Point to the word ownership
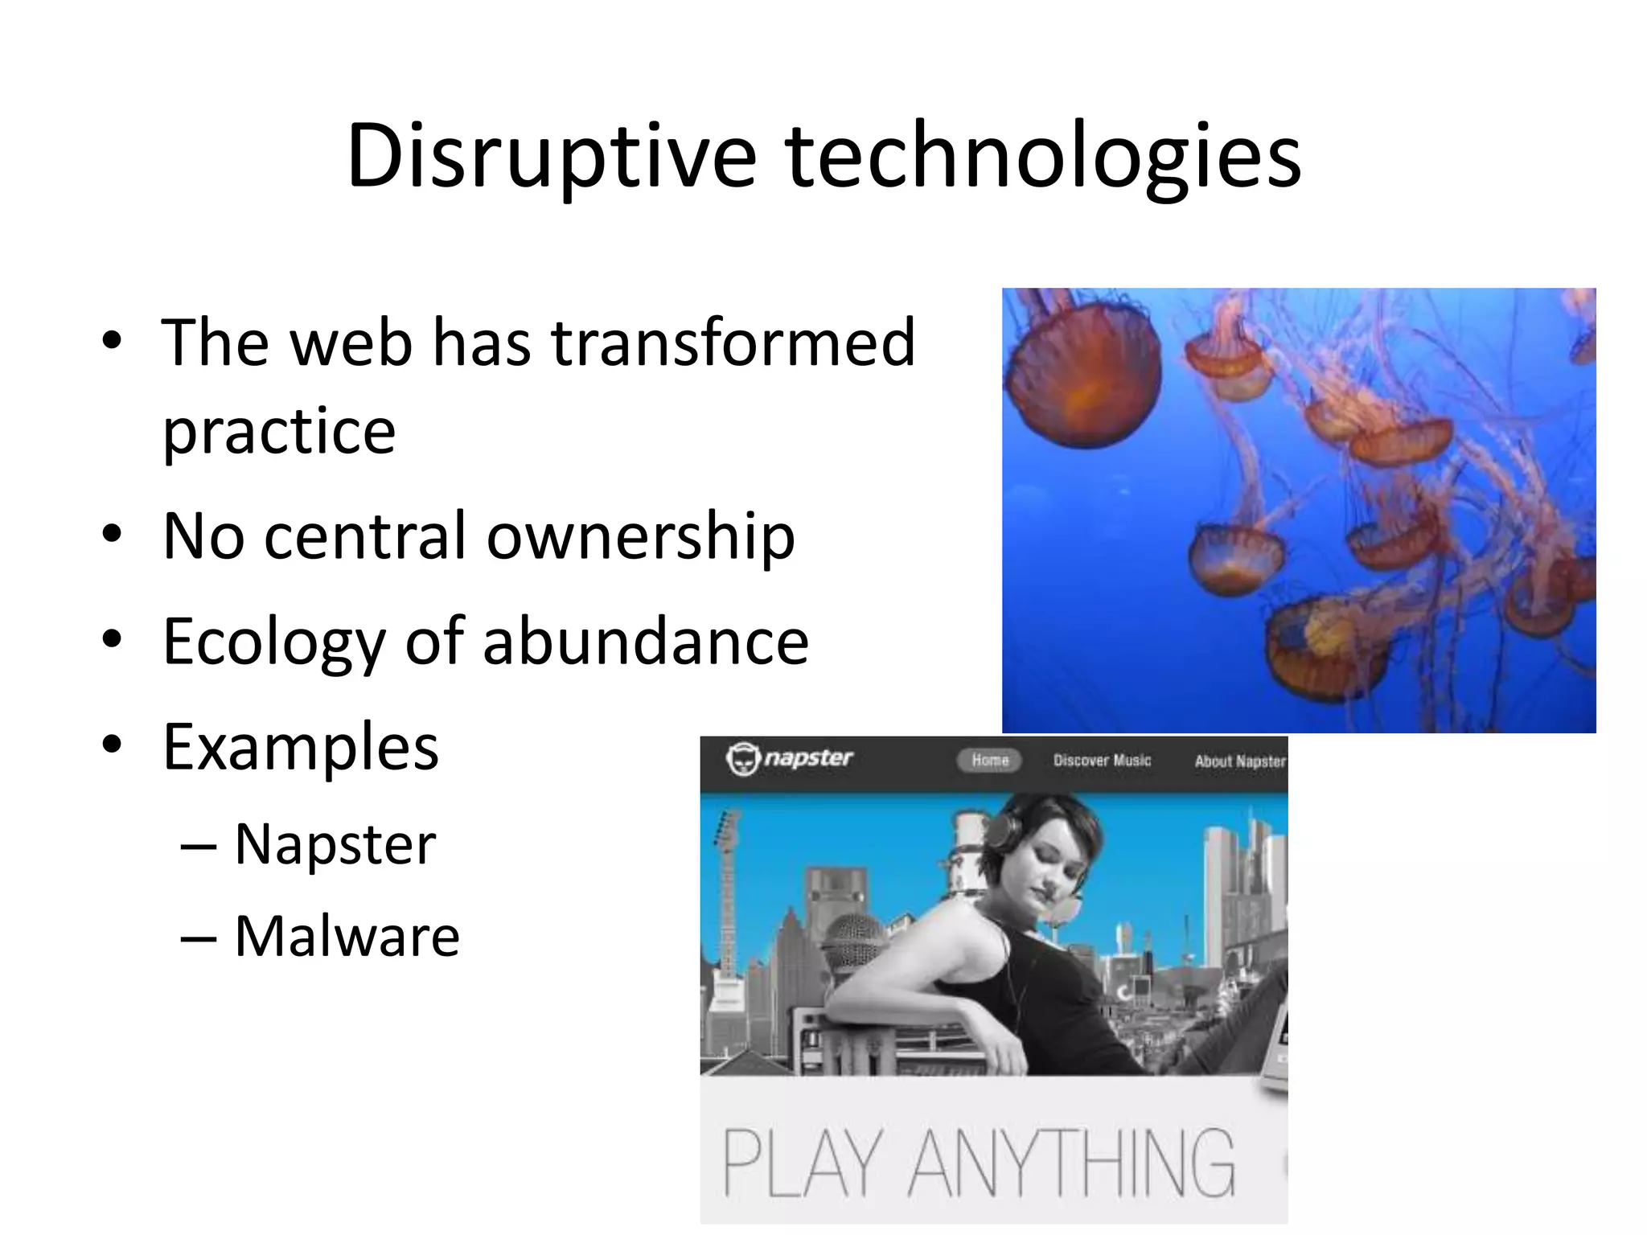click(x=641, y=537)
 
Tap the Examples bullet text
click(x=300, y=748)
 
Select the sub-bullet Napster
click(x=335, y=845)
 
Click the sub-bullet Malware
click(x=347, y=937)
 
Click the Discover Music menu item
click(x=1102, y=761)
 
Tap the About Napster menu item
click(x=1239, y=761)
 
